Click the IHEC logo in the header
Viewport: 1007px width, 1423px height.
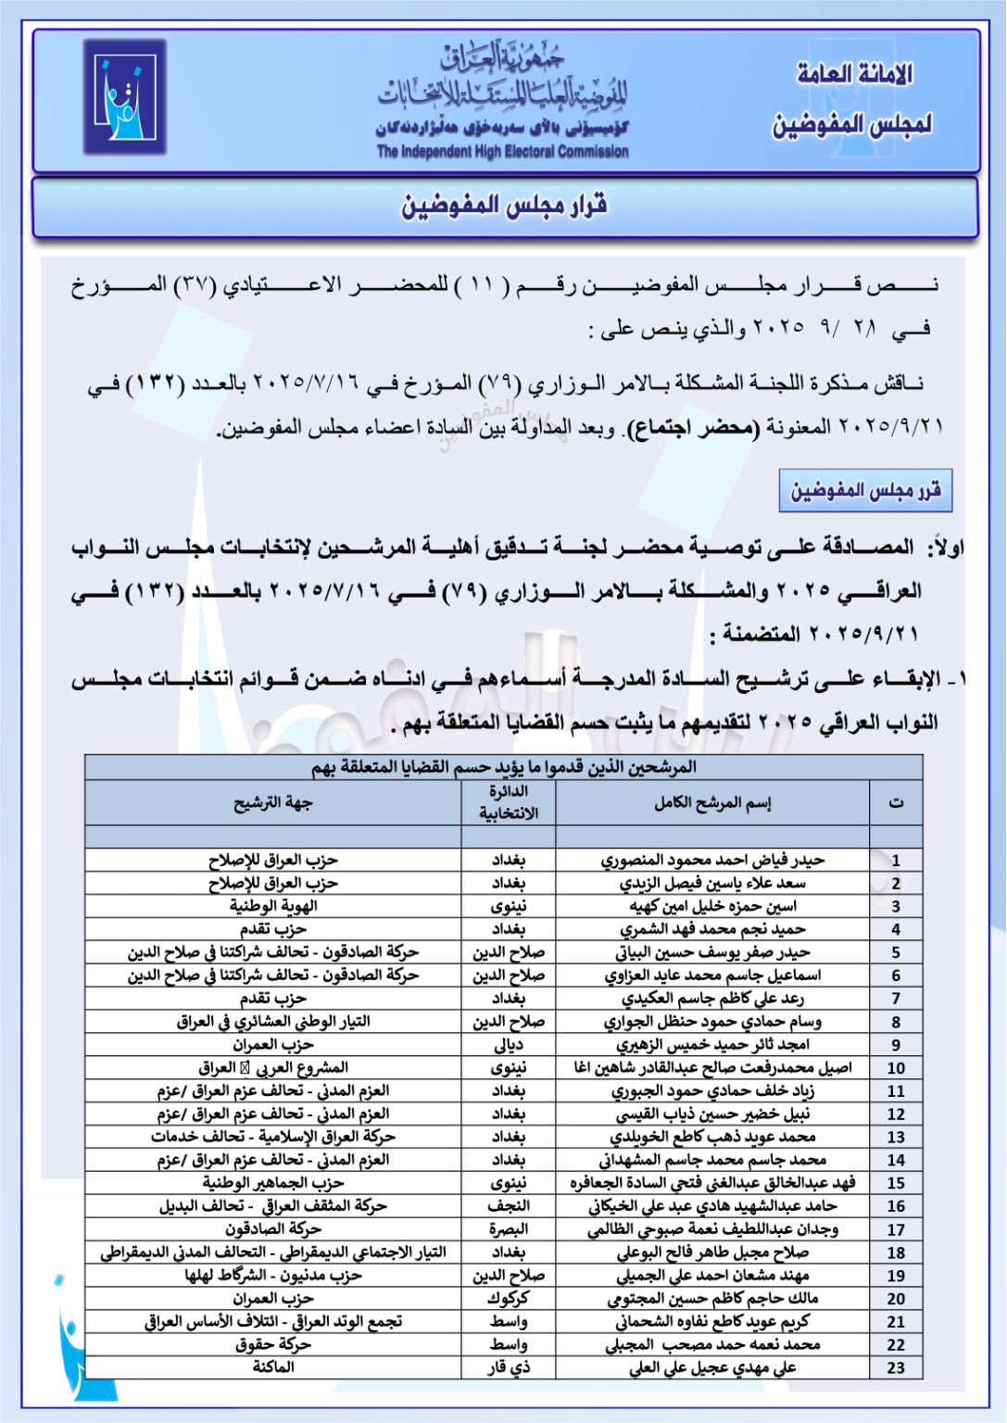[124, 96]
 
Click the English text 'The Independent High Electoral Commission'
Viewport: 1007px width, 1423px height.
[502, 152]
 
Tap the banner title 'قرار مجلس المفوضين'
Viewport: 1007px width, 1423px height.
[504, 206]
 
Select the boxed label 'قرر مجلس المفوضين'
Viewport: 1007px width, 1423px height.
[865, 491]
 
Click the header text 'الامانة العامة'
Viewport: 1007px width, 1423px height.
[854, 74]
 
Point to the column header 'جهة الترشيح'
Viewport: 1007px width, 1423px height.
[273, 803]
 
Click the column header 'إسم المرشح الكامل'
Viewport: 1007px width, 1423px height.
[712, 803]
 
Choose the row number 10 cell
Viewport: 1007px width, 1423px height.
[896, 1068]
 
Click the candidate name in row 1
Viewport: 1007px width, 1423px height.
[712, 861]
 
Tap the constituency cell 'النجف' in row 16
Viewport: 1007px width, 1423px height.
[509, 1206]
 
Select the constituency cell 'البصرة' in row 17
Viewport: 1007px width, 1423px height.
[509, 1229]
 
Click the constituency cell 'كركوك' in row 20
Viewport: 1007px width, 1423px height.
[509, 1299]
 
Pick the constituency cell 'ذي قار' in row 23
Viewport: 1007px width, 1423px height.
[509, 1367]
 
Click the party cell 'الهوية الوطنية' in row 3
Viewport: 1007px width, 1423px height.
[273, 906]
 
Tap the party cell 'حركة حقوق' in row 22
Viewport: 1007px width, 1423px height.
[273, 1344]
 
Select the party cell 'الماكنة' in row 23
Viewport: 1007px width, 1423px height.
[273, 1367]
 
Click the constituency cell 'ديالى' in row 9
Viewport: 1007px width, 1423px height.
[509, 1045]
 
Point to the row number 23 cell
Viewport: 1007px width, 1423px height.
[896, 1367]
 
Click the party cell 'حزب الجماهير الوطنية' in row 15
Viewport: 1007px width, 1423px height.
[273, 1183]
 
